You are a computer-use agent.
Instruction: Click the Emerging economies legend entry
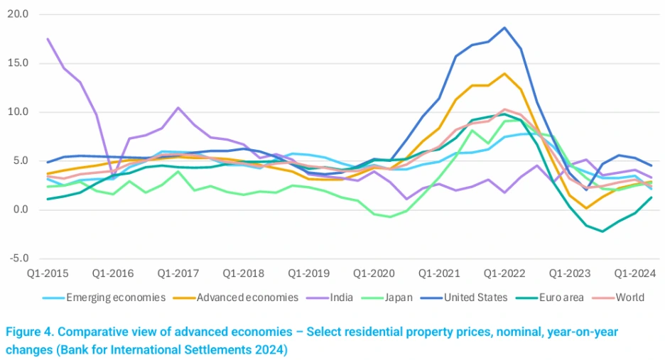pyautogui.click(x=116, y=298)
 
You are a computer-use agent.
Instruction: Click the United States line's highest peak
pyautogui.click(x=504, y=28)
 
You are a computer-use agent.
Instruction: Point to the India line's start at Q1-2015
pyautogui.click(x=48, y=38)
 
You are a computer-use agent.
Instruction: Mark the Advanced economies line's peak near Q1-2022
pyautogui.click(x=504, y=74)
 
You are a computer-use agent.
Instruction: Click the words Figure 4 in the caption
pyautogui.click(x=33, y=332)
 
